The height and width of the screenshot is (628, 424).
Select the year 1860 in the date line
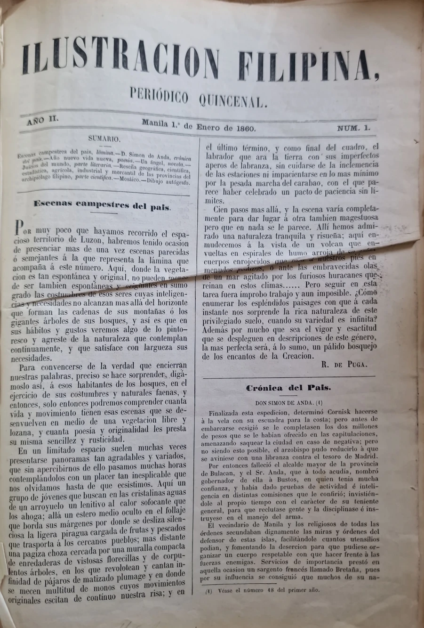[242, 128]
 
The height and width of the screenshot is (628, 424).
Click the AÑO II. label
[42, 121]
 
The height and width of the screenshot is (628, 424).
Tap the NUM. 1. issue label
[354, 128]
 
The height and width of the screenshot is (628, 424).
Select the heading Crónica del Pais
[288, 388]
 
